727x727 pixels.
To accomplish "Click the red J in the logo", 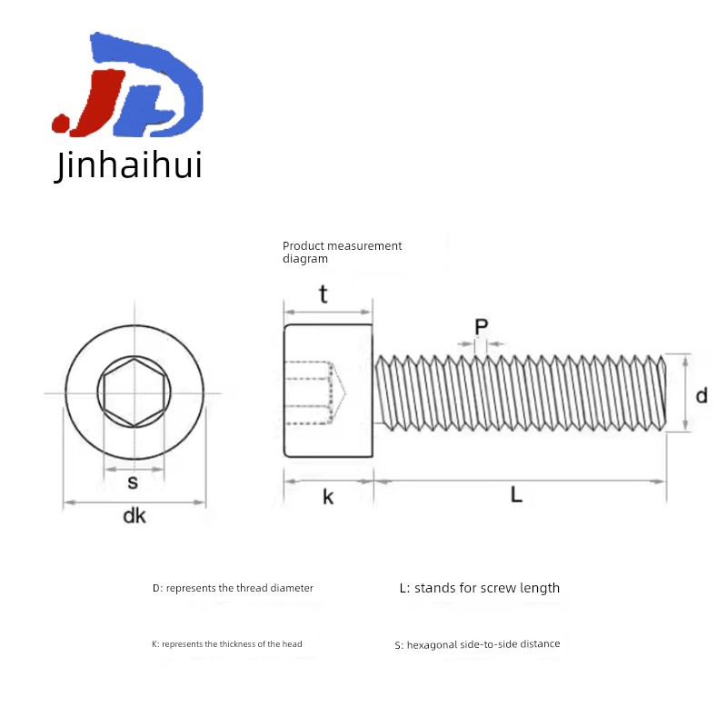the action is pyautogui.click(x=93, y=105).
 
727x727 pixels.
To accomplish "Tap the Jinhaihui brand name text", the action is pyautogui.click(x=128, y=165).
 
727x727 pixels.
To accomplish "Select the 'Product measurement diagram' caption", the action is pyautogui.click(x=342, y=253).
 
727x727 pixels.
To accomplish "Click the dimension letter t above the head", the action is pyautogui.click(x=324, y=294).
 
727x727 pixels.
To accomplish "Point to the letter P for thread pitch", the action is pyautogui.click(x=482, y=327).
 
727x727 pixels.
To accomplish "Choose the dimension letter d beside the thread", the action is pyautogui.click(x=702, y=395).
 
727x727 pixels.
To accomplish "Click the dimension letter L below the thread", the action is pyautogui.click(x=516, y=494).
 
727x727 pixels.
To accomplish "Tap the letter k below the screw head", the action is pyautogui.click(x=328, y=496).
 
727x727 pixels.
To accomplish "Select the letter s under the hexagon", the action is pyautogui.click(x=133, y=483).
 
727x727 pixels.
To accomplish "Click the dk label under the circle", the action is pyautogui.click(x=134, y=515).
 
